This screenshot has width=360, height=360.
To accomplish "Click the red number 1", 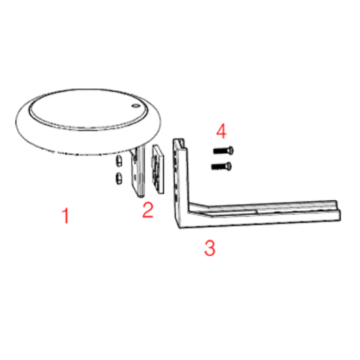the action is (66, 215).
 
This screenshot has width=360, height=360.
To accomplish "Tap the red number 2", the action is (148, 209).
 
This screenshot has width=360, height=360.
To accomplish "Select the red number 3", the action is (210, 247).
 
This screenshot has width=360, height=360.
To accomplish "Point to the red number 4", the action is (221, 131).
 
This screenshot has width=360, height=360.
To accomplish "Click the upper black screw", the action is (223, 151).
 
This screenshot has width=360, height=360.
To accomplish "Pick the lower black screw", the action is (221, 166).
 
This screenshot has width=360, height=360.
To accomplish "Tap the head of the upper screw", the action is (231, 151).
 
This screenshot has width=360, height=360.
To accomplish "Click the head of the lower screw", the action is (229, 166).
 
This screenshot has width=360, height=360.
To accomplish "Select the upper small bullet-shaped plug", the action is (119, 160).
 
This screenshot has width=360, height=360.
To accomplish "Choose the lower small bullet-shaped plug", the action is (119, 178).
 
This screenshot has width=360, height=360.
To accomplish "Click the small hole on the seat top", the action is (135, 106).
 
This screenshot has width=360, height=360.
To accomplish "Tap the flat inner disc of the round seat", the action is (88, 110).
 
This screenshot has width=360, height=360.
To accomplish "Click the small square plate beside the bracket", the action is (158, 169).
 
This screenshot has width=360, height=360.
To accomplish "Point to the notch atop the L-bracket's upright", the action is (180, 143).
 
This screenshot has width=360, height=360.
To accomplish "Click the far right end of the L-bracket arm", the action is (338, 211).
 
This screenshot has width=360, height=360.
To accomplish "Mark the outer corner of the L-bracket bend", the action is (180, 228).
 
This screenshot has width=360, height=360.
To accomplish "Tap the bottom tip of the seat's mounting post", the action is (141, 196).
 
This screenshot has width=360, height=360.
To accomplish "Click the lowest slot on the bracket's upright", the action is (175, 197).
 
